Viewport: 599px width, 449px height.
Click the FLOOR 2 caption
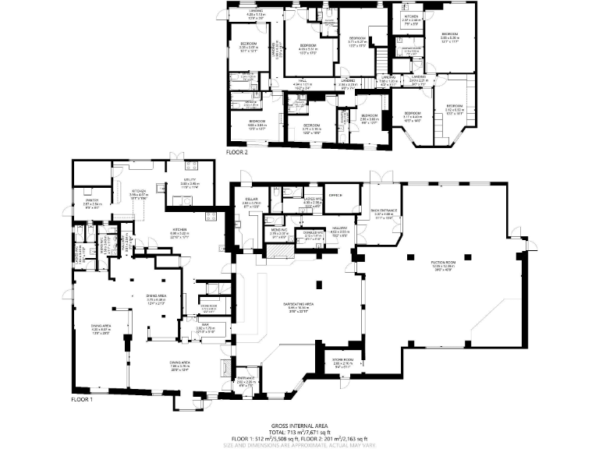click(236, 153)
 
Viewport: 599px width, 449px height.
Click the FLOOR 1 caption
click(81, 399)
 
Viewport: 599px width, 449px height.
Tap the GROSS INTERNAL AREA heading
click(299, 417)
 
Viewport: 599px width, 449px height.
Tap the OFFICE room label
click(336, 195)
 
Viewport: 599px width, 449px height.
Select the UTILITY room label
click(189, 182)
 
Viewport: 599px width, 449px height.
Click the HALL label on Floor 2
click(302, 80)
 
